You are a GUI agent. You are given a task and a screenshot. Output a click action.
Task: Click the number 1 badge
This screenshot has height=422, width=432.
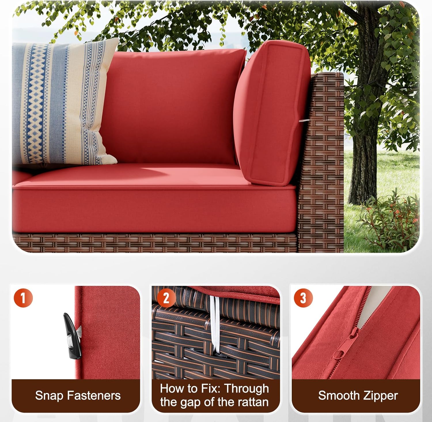pyautogui.click(x=23, y=297)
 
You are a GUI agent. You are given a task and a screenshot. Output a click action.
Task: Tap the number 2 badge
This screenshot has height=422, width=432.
pyautogui.click(x=166, y=298)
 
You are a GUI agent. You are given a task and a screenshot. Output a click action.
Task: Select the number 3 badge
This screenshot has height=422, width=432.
pyautogui.click(x=303, y=297)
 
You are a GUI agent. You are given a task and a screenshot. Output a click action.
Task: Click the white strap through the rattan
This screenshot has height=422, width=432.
pyautogui.click(x=214, y=323)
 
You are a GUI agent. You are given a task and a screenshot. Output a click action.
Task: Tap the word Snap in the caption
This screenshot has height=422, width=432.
pyautogui.click(x=48, y=395)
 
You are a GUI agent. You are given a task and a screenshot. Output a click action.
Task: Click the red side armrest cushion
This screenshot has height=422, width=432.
pyautogui.click(x=269, y=112)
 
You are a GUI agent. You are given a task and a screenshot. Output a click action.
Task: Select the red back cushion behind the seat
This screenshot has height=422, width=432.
pyautogui.click(x=173, y=107)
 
